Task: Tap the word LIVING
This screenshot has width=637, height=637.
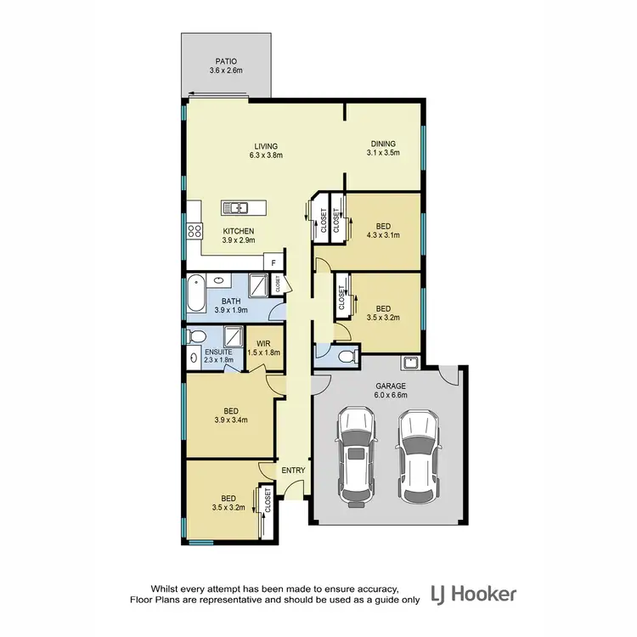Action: pyautogui.click(x=266, y=145)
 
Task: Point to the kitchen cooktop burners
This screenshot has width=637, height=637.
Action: pyautogui.click(x=194, y=228)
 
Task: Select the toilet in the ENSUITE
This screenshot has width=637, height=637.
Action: pyautogui.click(x=194, y=337)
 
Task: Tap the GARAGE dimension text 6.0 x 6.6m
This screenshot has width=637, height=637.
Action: pyautogui.click(x=392, y=395)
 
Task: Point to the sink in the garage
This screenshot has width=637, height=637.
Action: pyautogui.click(x=409, y=363)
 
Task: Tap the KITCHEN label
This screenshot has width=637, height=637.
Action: pyautogui.click(x=238, y=231)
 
